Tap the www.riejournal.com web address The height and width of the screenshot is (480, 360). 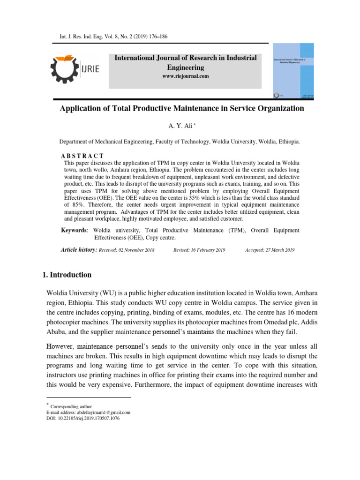(186, 76)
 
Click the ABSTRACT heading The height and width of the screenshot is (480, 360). (82, 156)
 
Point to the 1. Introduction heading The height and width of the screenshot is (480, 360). (67, 275)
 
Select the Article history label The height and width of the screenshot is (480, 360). (79, 250)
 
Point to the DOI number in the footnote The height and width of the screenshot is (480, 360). (90, 419)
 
